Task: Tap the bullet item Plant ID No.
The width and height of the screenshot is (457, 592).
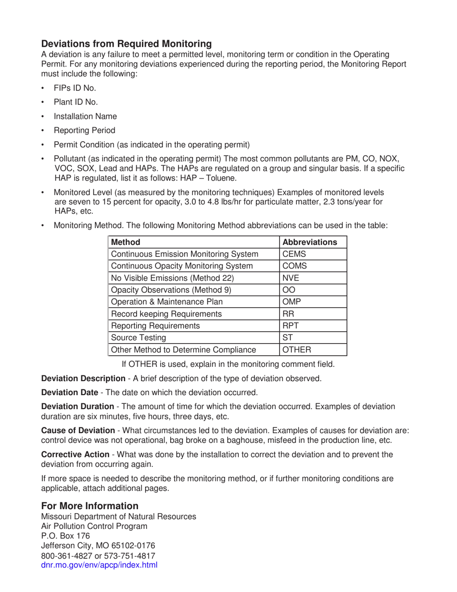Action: [76, 102]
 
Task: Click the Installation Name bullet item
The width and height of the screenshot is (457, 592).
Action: [85, 116]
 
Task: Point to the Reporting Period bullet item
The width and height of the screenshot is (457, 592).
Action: [84, 130]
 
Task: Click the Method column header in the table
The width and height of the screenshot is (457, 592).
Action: [126, 242]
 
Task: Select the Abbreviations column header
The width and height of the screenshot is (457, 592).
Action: [309, 242]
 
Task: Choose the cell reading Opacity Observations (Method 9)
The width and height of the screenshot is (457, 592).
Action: [171, 290]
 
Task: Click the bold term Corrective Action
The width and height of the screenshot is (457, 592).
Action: [75, 454]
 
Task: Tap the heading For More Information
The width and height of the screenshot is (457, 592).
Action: [89, 506]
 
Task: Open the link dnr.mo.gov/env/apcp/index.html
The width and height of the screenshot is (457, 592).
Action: [99, 565]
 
